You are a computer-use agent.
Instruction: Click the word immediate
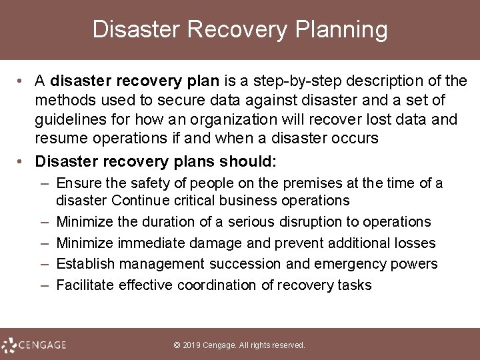[141, 243]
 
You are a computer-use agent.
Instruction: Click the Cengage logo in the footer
[35, 345]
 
